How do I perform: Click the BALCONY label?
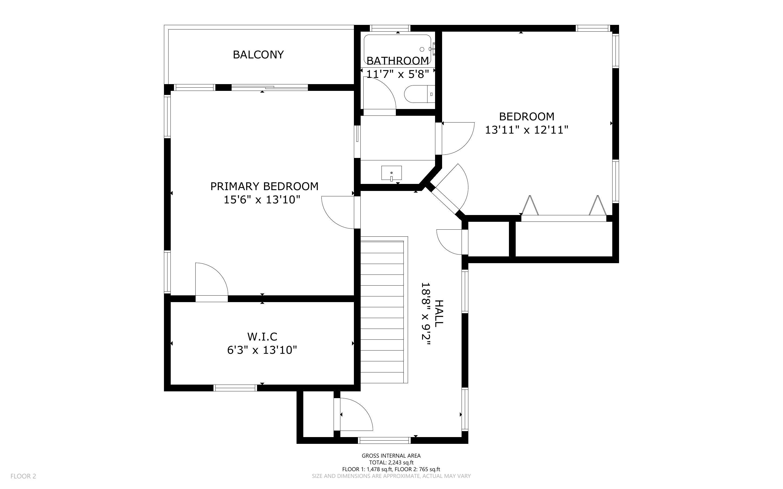pos(258,55)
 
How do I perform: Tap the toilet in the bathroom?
pos(419,94)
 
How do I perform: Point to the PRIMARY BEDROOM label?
pos(264,186)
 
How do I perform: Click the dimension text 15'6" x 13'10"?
pos(262,200)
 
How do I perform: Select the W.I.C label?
pos(262,337)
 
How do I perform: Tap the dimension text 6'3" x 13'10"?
pos(262,350)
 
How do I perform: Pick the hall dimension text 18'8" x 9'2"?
pos(426,314)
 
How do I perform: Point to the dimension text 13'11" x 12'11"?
pos(527,130)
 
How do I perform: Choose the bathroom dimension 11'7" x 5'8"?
pos(397,74)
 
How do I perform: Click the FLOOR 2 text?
pos(23,476)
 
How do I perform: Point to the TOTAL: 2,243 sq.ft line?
pos(391,462)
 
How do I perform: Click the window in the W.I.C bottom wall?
pos(235,388)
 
